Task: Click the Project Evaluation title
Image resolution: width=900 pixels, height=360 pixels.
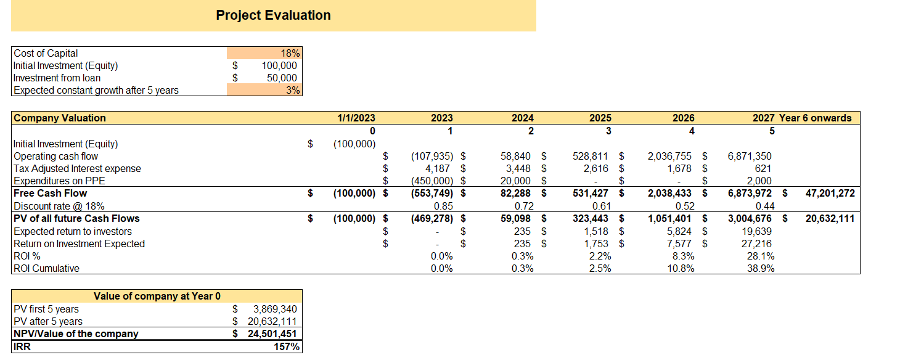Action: [273, 15]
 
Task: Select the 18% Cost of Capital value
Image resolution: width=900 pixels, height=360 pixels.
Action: [290, 54]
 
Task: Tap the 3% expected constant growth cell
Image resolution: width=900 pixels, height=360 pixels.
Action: [293, 91]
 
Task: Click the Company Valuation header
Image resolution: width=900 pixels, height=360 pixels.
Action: [60, 118]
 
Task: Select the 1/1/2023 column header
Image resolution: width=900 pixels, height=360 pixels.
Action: [356, 118]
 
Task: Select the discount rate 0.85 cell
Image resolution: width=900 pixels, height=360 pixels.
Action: [443, 206]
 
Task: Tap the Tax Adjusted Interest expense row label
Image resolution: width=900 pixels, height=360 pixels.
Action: [77, 169]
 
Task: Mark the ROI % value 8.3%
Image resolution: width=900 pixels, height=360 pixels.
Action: [682, 256]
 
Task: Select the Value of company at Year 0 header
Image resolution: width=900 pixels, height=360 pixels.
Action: [157, 297]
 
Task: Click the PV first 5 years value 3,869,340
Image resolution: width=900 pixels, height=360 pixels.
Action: [275, 309]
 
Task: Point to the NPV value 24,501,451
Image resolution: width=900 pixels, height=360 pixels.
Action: [271, 334]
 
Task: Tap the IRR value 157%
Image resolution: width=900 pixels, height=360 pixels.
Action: [287, 347]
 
